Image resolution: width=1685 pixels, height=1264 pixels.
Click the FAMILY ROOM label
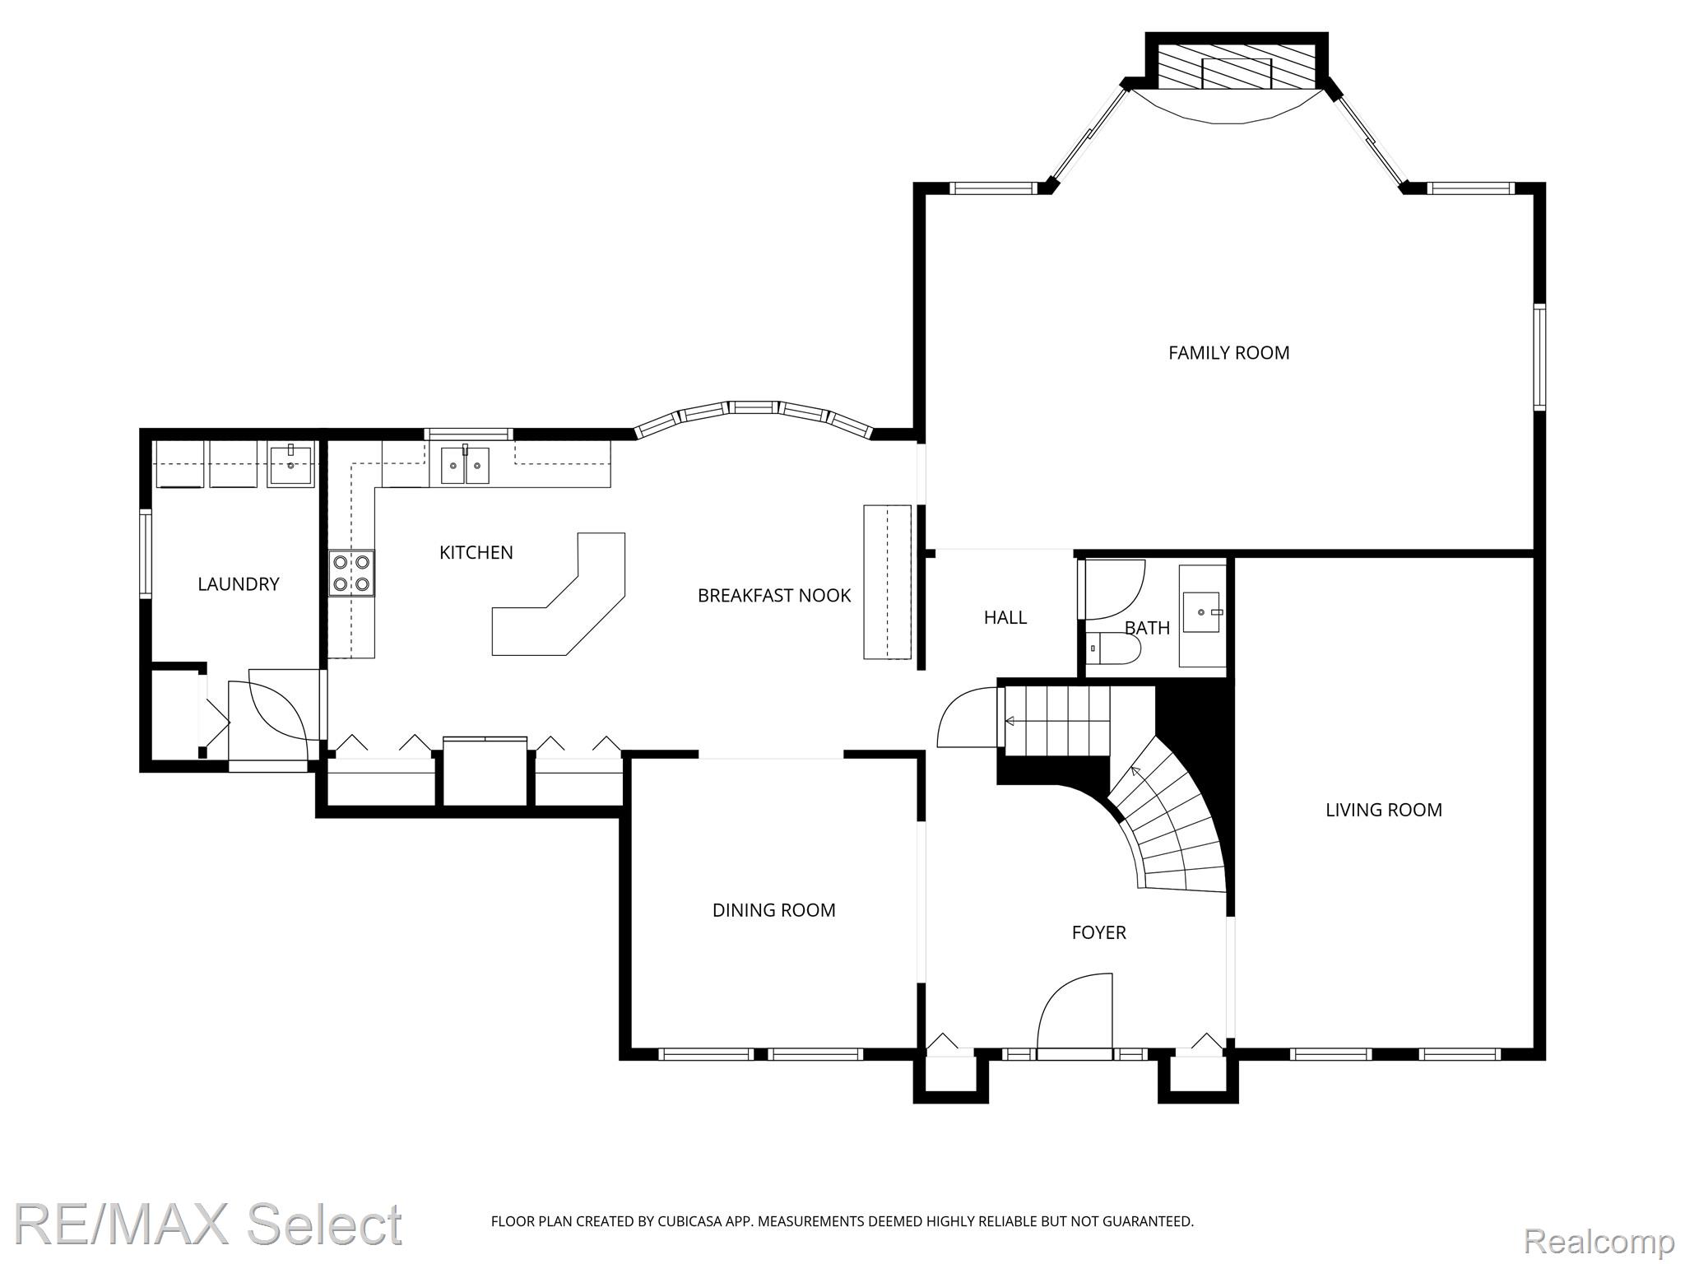[1228, 353]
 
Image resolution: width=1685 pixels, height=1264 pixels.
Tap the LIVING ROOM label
[1383, 810]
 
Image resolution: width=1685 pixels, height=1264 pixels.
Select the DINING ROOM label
[773, 910]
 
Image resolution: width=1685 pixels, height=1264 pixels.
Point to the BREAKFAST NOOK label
[774, 596]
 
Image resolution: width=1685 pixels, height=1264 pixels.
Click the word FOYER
[1098, 932]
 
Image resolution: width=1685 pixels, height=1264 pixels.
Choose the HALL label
[1005, 617]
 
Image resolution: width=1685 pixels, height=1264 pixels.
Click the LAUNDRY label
[239, 584]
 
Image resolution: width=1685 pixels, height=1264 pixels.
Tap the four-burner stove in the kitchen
[351, 573]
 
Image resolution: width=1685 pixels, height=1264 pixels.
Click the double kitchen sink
[465, 465]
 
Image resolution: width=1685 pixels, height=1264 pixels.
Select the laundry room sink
[290, 464]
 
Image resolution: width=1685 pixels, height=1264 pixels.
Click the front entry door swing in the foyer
[1075, 1012]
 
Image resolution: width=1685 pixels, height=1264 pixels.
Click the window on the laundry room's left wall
[146, 552]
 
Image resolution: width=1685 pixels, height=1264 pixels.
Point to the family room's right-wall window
[1539, 356]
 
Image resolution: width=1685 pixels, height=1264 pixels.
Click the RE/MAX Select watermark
[208, 1223]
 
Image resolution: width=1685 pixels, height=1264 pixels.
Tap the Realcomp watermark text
[1599, 1238]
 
